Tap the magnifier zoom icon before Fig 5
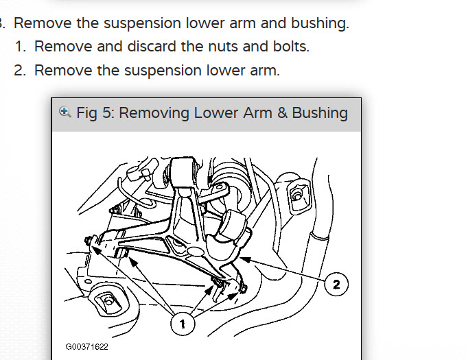click(x=65, y=112)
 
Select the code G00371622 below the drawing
click(x=87, y=347)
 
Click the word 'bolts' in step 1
click(x=291, y=47)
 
